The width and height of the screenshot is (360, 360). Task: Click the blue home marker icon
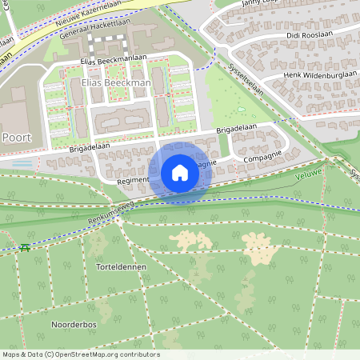180,173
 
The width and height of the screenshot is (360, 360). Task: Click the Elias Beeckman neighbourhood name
116,82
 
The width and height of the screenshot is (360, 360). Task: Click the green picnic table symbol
26,247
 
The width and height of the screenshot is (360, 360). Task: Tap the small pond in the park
242,110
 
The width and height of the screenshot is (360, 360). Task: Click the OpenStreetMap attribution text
81,354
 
